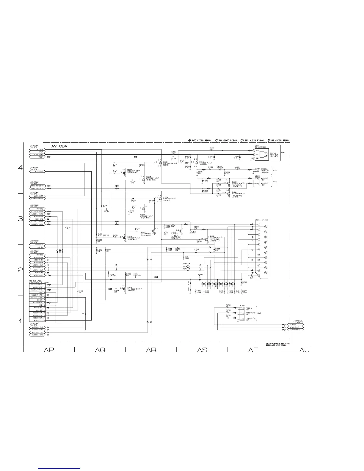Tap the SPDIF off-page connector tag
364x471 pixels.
[37, 157]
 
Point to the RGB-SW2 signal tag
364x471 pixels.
[37, 209]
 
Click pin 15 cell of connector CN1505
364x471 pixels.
[44, 320]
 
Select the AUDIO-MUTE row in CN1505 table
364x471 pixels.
[36, 287]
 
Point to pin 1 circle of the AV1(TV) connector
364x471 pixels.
[259, 224]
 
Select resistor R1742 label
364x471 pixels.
[228, 305]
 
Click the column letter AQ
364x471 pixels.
[100, 350]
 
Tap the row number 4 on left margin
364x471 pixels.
[21, 168]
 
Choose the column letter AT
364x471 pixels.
[253, 350]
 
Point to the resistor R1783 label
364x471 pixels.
[69, 228]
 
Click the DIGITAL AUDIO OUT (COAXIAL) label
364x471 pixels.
[266, 171]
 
